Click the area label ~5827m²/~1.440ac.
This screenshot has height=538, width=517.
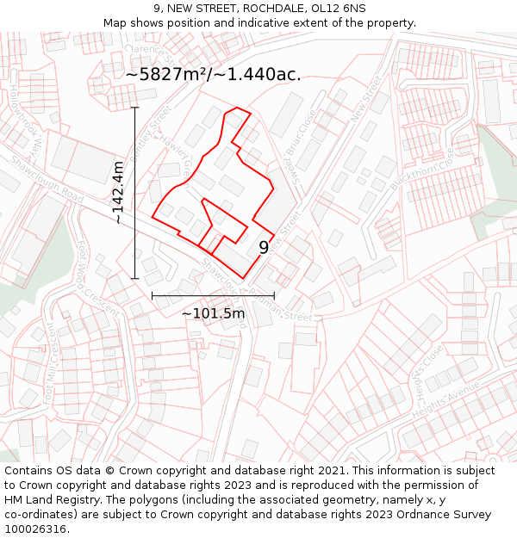(x=213, y=74)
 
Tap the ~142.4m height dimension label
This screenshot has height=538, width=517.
(x=118, y=193)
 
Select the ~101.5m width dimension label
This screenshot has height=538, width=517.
(x=213, y=313)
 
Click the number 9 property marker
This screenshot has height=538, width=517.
(x=264, y=247)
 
